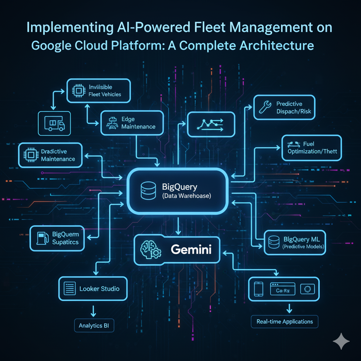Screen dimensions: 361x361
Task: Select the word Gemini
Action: [x=191, y=250]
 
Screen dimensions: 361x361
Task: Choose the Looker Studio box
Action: [x=93, y=289]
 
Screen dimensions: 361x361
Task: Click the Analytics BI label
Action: [x=94, y=326]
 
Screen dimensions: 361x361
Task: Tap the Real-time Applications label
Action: [x=285, y=322]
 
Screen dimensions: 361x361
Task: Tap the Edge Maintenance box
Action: [x=132, y=123]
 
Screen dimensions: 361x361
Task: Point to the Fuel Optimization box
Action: [x=311, y=148]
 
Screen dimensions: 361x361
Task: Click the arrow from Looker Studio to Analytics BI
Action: [x=94, y=310]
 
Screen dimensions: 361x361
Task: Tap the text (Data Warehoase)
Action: [x=186, y=196]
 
